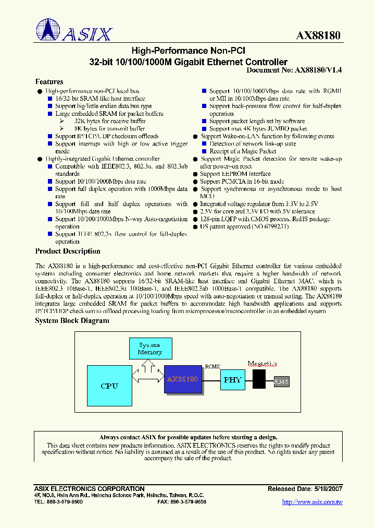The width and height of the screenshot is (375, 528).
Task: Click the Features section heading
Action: pyautogui.click(x=49, y=82)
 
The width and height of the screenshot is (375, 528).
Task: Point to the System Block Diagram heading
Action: pyautogui.click(x=72, y=320)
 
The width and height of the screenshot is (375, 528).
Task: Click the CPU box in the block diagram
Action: pyautogui.click(x=109, y=386)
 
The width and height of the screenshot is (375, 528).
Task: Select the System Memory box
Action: pyautogui.click(x=149, y=349)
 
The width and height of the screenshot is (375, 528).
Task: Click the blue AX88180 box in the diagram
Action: pyautogui.click(x=183, y=379)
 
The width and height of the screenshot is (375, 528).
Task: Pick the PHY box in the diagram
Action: pyautogui.click(x=232, y=380)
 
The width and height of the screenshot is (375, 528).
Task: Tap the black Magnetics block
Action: pyautogui.click(x=259, y=379)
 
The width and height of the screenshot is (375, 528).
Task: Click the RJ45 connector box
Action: pyautogui.click(x=281, y=382)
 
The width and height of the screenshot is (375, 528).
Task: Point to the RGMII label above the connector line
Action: pyautogui.click(x=213, y=366)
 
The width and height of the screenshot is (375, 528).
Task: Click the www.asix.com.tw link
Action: pyautogui.click(x=311, y=502)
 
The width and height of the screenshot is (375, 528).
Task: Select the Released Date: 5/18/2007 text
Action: pyautogui.click(x=305, y=489)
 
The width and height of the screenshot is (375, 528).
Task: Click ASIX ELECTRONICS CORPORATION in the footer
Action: pyautogui.click(x=89, y=489)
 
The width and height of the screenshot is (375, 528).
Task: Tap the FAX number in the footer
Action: pyautogui.click(x=181, y=501)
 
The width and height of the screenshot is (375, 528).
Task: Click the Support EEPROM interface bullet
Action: pyautogui.click(x=235, y=174)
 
